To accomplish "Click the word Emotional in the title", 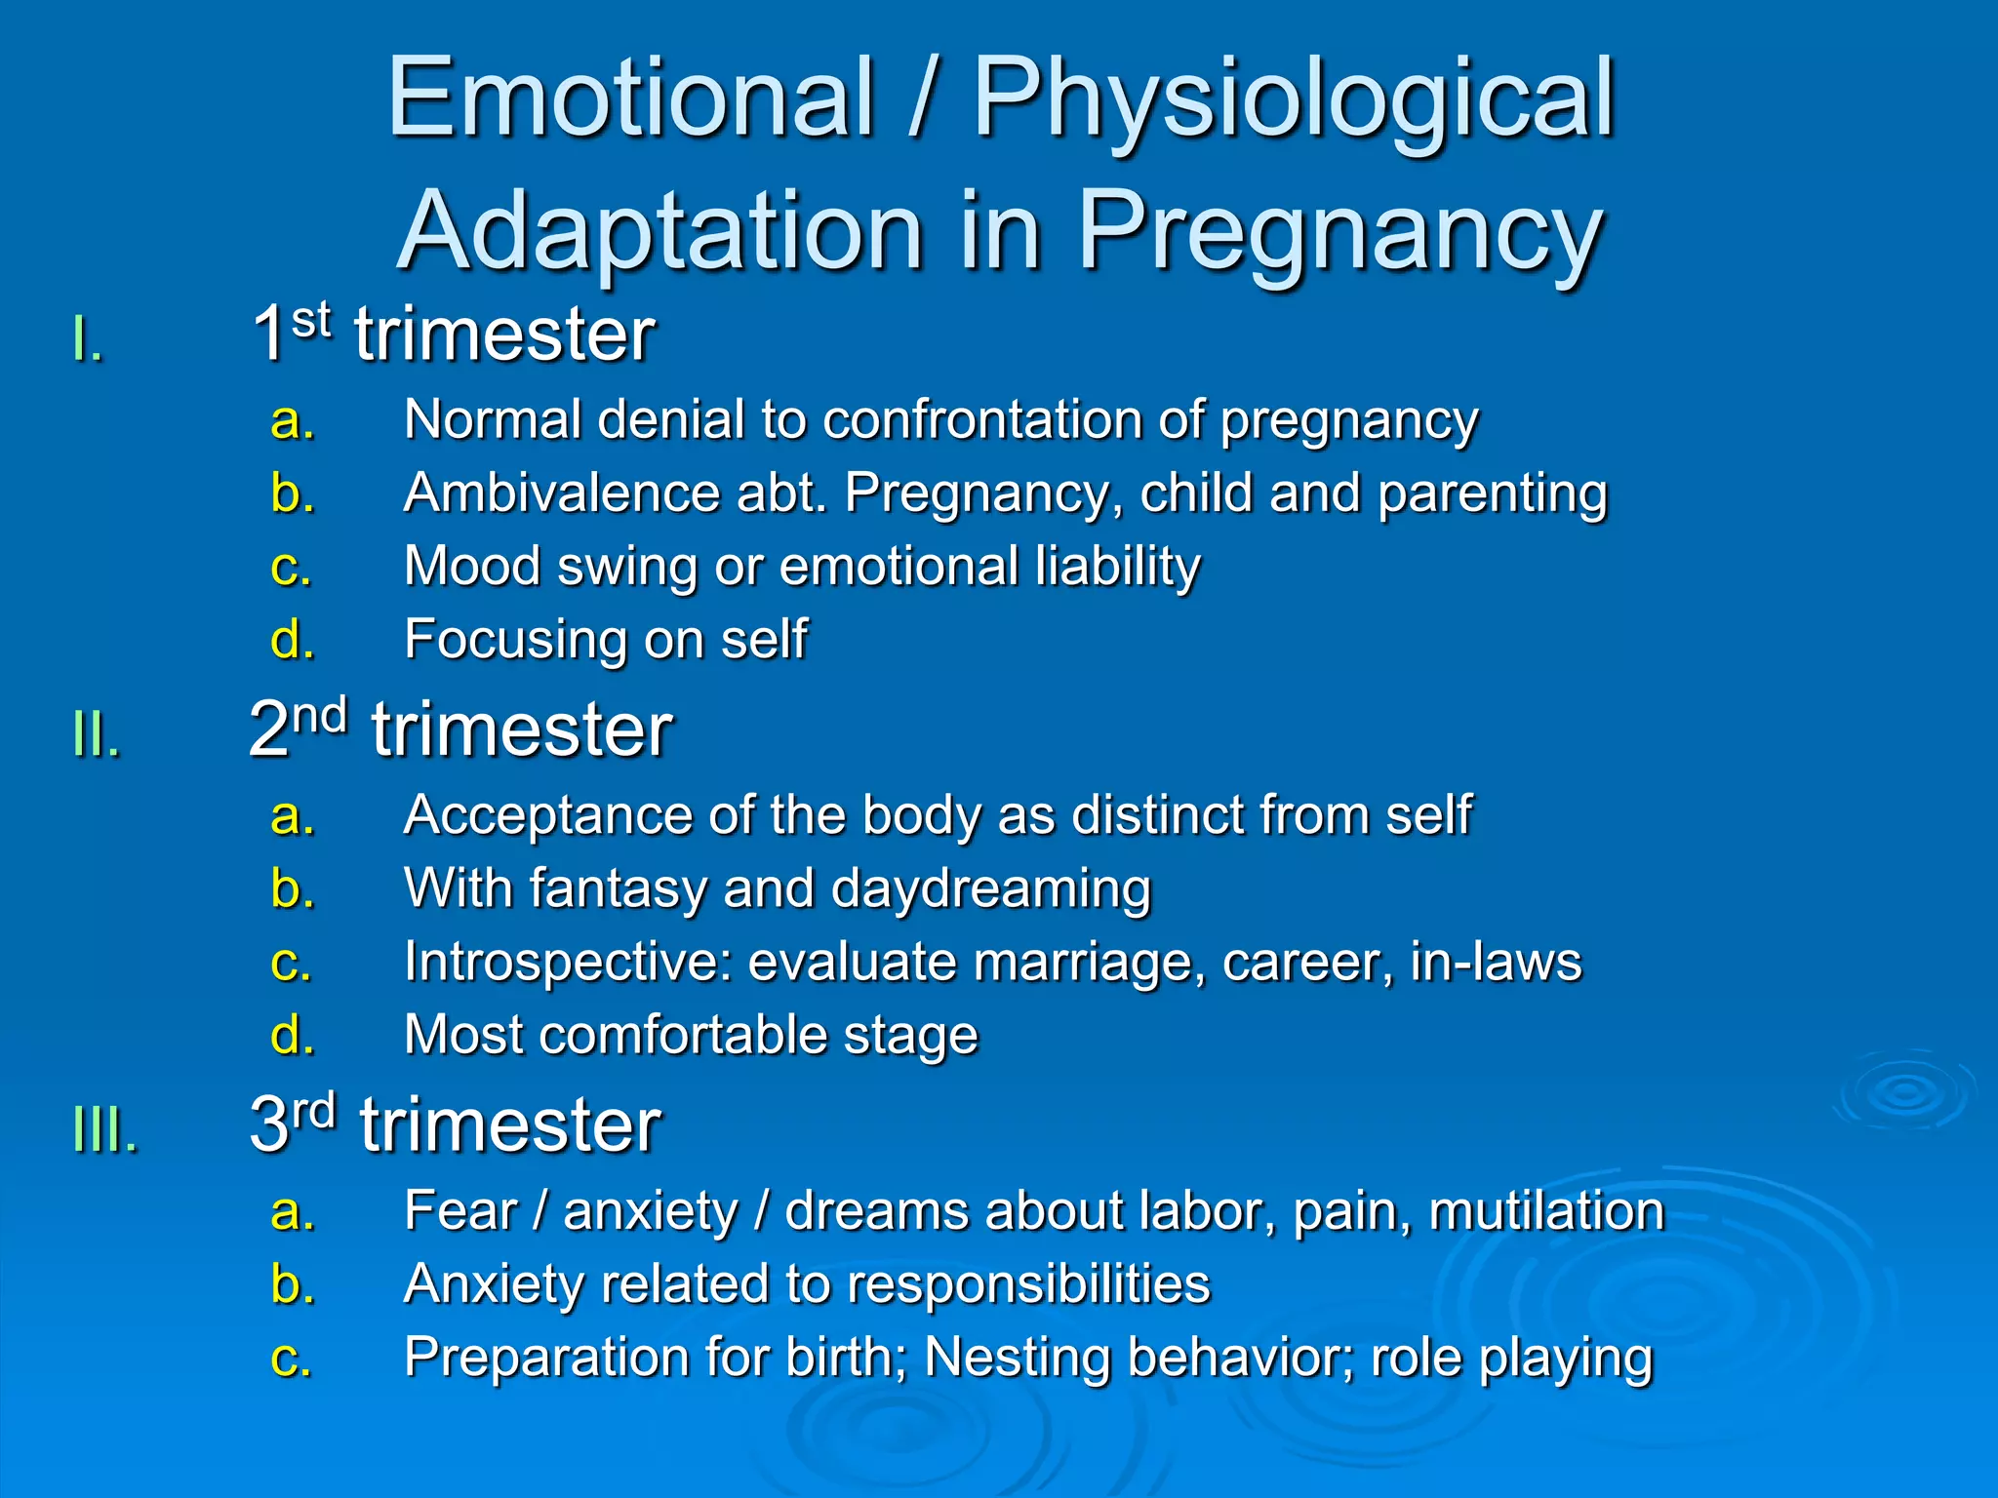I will click(630, 98).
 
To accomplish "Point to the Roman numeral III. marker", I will click(105, 1131).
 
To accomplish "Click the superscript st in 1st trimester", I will click(311, 320).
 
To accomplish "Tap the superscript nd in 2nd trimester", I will click(320, 717).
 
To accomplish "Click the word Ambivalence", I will click(562, 493).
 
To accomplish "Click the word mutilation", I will click(1545, 1211).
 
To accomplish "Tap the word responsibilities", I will click(1028, 1284).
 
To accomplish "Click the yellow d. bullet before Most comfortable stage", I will click(292, 1035).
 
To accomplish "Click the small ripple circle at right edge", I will click(1905, 1092).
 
